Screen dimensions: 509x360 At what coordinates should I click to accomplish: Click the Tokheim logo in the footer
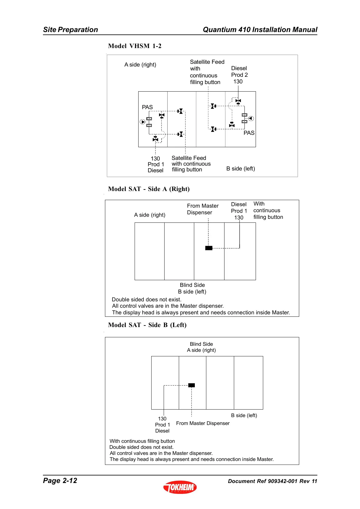tap(180, 487)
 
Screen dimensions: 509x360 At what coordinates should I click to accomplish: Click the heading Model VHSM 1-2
tap(135, 46)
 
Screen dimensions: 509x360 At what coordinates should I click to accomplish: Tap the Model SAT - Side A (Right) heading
tap(149, 189)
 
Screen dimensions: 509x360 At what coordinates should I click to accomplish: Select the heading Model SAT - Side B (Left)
tap(147, 325)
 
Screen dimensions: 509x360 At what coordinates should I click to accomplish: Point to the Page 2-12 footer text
tap(60, 481)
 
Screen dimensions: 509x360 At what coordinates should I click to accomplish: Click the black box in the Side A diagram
tap(209, 248)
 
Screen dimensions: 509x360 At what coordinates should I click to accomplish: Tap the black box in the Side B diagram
tap(191, 385)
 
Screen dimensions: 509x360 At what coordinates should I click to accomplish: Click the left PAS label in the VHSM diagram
tap(147, 107)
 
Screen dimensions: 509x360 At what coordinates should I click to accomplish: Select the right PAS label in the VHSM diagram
tap(249, 133)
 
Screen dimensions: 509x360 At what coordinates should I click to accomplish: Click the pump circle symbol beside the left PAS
tap(143, 122)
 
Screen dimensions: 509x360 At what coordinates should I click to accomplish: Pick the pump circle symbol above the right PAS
tap(251, 118)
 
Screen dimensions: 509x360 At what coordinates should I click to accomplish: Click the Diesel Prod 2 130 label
tap(239, 75)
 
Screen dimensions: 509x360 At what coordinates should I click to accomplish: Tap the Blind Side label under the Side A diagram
tap(192, 285)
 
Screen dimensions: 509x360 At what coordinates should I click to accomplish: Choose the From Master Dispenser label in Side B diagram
tap(203, 423)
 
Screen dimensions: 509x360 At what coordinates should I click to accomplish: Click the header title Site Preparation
tap(70, 30)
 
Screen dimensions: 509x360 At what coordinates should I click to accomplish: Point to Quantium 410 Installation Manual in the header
tap(260, 30)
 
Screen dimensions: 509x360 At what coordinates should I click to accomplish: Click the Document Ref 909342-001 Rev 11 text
tap(272, 481)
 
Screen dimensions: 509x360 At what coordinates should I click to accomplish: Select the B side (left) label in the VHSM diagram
tap(241, 169)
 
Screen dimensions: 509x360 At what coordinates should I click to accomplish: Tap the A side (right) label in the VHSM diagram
tap(140, 65)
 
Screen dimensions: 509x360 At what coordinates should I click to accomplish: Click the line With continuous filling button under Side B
tap(142, 441)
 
